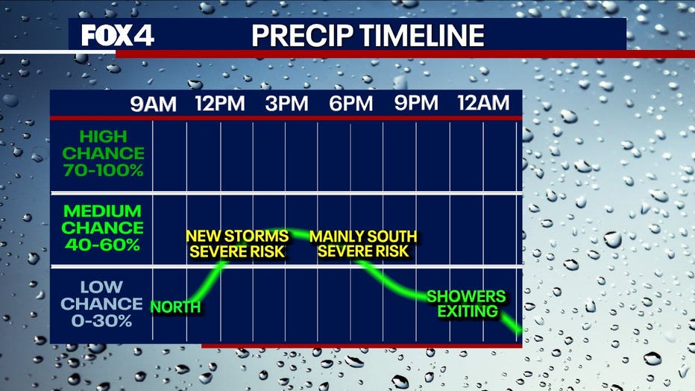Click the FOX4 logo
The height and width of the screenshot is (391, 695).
(x=118, y=35)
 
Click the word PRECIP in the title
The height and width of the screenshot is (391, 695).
(x=303, y=36)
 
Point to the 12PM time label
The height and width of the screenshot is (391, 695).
(x=220, y=104)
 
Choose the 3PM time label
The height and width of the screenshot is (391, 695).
(x=286, y=104)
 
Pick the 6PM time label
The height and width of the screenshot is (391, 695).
(x=350, y=104)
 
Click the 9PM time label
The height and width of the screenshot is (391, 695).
(x=416, y=103)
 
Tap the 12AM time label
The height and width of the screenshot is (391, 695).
(x=483, y=103)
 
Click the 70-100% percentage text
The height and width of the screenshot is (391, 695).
(x=103, y=170)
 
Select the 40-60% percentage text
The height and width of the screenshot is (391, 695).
(x=102, y=245)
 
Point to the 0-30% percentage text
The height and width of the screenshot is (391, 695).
(x=101, y=321)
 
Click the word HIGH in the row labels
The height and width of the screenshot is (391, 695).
(x=103, y=137)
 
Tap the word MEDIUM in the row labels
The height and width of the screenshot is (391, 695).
(x=102, y=211)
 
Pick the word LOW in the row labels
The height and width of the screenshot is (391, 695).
(x=101, y=287)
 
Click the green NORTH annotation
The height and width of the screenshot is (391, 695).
(x=175, y=307)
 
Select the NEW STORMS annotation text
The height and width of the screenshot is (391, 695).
(x=238, y=237)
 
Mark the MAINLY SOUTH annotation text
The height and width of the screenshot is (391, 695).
(x=363, y=237)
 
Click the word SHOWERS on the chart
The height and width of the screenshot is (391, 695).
(x=466, y=296)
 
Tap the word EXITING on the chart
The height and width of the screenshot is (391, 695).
(x=468, y=311)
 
